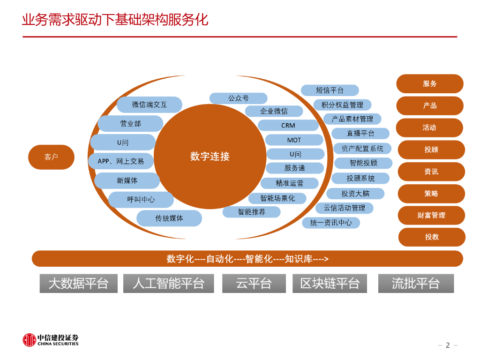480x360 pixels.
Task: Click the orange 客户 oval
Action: click(x=51, y=157)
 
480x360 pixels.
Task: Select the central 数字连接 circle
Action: click(x=210, y=157)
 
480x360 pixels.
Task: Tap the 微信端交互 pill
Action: click(x=149, y=105)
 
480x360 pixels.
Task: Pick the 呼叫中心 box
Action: click(x=141, y=199)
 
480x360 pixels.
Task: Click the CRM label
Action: click(x=288, y=125)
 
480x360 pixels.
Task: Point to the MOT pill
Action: click(x=294, y=140)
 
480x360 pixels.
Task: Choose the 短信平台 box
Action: click(x=330, y=90)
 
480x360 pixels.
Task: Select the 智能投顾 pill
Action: click(x=363, y=163)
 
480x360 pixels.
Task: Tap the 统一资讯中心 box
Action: click(x=330, y=223)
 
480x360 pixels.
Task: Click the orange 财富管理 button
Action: click(x=431, y=215)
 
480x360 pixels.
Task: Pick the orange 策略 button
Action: click(x=431, y=193)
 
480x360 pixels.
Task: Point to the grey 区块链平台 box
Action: click(x=330, y=283)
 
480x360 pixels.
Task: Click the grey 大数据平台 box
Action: click(x=78, y=283)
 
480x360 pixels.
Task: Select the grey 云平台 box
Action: click(x=254, y=283)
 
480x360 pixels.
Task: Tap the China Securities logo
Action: click(x=51, y=340)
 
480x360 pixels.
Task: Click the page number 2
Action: click(x=448, y=345)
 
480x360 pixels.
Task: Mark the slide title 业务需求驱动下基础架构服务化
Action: click(x=115, y=20)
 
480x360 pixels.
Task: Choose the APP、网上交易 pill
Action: click(x=121, y=161)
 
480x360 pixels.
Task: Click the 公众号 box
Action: click(x=238, y=98)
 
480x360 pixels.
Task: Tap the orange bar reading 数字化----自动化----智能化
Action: click(x=247, y=259)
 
